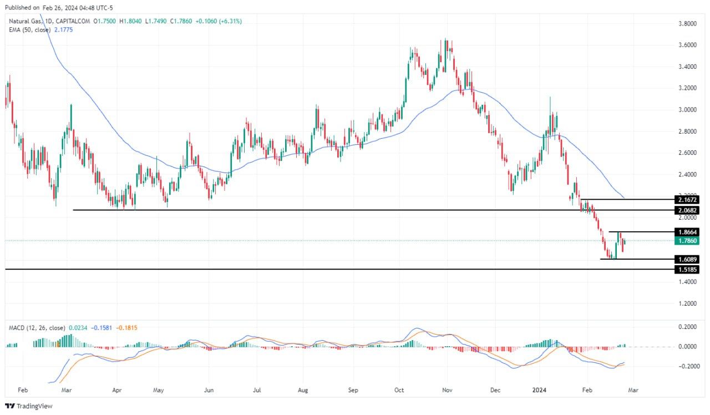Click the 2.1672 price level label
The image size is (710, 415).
[686, 199]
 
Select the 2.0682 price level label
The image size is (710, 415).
[686, 210]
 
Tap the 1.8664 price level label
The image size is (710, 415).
[686, 232]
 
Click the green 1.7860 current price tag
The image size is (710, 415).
[686, 241]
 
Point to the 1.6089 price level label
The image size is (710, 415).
[686, 259]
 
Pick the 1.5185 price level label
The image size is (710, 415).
[686, 270]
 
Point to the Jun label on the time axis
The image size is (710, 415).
[209, 390]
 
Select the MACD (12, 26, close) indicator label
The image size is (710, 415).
[37, 328]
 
